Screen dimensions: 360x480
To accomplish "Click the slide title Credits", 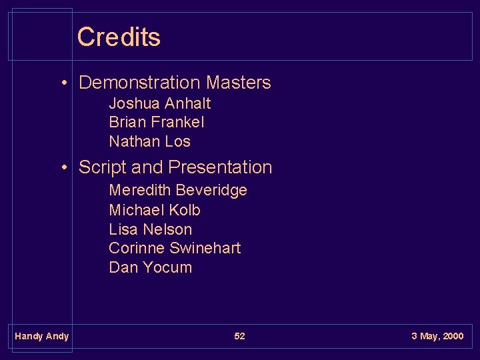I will click(x=119, y=37).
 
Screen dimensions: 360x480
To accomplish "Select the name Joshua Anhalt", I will click(x=159, y=103).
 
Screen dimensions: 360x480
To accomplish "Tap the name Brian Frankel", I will click(x=156, y=123).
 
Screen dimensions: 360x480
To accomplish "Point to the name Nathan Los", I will click(x=149, y=141).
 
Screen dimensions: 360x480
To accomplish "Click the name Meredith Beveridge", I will click(x=177, y=191).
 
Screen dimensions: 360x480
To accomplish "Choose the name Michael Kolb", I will click(x=154, y=210).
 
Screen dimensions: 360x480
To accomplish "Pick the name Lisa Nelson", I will click(x=150, y=229).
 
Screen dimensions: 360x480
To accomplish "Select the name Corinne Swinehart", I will click(x=175, y=248).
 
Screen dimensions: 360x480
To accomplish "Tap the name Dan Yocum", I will click(x=150, y=267).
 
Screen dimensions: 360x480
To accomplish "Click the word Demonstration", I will click(x=139, y=83).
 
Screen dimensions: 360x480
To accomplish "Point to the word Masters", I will click(x=238, y=83).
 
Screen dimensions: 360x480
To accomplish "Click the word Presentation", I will click(x=220, y=167).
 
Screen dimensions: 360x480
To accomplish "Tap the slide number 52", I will click(x=239, y=336).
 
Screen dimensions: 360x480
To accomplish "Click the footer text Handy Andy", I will click(x=41, y=336).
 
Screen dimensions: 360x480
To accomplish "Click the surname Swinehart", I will click(x=205, y=248).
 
